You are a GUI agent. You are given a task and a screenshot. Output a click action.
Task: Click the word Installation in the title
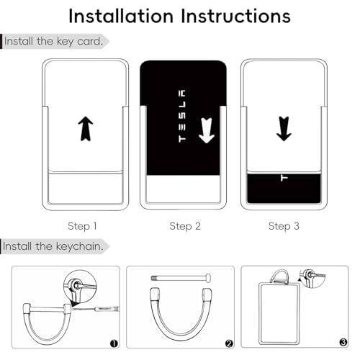tap(121, 16)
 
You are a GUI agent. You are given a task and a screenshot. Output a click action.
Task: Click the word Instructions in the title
tap(235, 16)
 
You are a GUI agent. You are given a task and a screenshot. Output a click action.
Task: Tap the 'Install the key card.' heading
tap(53, 41)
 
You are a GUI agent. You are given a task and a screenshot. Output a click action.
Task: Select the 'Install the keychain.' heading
tap(53, 246)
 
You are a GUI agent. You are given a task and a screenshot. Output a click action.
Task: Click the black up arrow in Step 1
tap(86, 129)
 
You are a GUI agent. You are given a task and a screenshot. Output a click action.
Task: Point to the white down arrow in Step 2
tap(207, 130)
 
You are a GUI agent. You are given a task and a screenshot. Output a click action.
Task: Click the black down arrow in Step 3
tap(284, 129)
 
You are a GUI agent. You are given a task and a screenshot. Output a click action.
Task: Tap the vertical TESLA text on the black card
tap(182, 116)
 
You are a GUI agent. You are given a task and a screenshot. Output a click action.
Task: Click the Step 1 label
tap(82, 226)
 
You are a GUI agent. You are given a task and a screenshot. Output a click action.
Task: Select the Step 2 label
tap(185, 226)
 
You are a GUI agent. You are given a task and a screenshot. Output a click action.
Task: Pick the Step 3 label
tap(284, 226)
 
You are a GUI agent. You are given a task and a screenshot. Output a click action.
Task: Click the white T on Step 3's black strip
tap(284, 178)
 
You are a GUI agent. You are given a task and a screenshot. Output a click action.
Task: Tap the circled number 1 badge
tap(114, 343)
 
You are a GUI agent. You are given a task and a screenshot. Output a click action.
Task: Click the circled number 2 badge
tap(229, 343)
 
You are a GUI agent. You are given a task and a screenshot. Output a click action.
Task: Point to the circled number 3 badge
tap(343, 342)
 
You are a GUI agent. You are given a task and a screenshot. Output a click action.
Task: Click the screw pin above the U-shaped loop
tap(181, 278)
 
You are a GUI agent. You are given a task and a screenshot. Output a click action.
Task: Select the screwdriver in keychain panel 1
tap(96, 309)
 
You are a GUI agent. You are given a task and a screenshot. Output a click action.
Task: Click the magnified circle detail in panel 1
tap(80, 286)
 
